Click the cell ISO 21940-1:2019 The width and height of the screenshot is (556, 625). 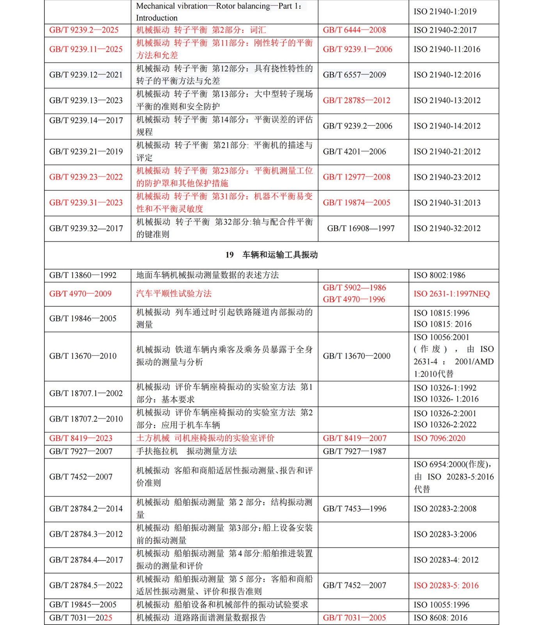click(445, 12)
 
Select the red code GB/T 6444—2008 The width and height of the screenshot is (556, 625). click(354, 30)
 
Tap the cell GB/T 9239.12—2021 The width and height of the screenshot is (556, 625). click(86, 75)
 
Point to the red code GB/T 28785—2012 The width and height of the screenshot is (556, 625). click(356, 100)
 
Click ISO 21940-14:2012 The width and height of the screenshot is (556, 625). click(447, 126)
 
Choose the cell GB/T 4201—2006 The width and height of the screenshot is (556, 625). click(354, 152)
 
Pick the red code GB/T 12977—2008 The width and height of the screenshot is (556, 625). click(356, 177)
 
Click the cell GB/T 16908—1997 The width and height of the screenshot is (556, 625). click(361, 229)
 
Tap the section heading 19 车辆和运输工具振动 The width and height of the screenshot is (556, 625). click(272, 255)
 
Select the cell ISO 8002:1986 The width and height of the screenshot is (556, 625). click(439, 275)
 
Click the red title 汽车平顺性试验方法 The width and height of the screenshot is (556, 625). click(174, 294)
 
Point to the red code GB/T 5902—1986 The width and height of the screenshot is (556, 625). click(354, 288)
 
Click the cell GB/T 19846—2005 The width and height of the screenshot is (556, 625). click(83, 319)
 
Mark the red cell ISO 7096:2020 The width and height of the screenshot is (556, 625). click(439, 438)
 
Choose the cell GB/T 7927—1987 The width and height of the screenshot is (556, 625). click(354, 452)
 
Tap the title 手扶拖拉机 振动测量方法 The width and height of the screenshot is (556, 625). click(186, 452)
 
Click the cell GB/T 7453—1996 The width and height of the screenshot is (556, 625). click(354, 509)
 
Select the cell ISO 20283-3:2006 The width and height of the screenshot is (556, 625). click(445, 534)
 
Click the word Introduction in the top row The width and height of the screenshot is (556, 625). click(156, 18)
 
